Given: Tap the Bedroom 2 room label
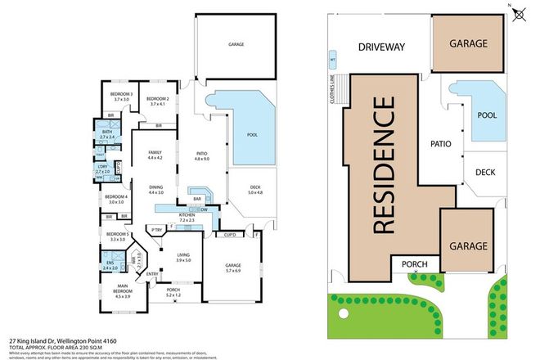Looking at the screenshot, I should pyautogui.click(x=158, y=101).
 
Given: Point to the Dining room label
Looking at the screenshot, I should pyautogui.click(x=155, y=189).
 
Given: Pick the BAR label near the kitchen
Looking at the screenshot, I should pyautogui.click(x=197, y=198).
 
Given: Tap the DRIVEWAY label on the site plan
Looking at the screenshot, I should pyautogui.click(x=381, y=47).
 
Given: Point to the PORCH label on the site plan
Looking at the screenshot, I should pyautogui.click(x=416, y=263).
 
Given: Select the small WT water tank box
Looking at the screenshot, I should pyautogui.click(x=332, y=59).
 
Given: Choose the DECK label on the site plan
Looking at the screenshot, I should pyautogui.click(x=484, y=173).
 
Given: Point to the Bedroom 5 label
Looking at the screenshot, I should pyautogui.click(x=115, y=236).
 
